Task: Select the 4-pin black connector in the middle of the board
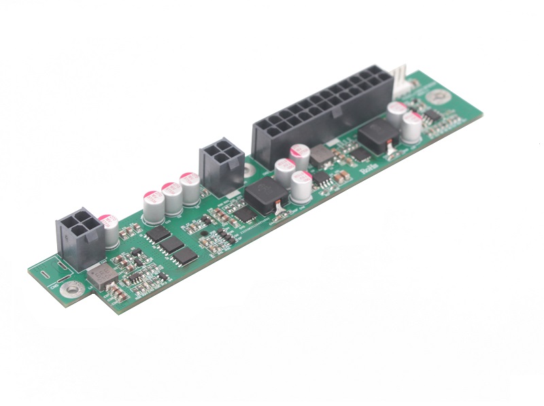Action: tap(219, 166)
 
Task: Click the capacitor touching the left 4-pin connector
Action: tap(109, 231)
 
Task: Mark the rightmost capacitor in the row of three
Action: tap(189, 188)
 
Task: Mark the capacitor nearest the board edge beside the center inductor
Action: tap(301, 187)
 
